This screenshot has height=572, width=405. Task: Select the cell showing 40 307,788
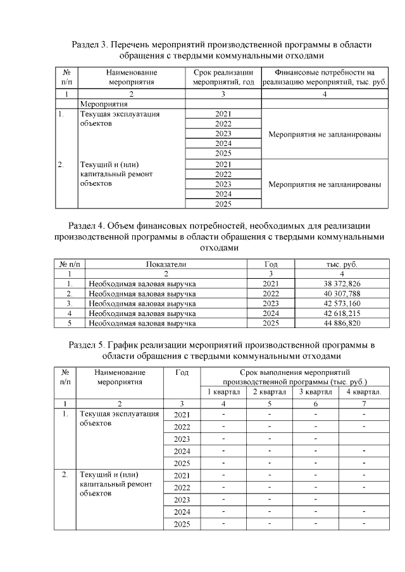(x=342, y=293)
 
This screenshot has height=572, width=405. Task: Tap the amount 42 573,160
(x=342, y=303)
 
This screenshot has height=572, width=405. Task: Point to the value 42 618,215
(x=342, y=313)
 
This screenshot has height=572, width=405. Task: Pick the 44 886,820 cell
(x=342, y=323)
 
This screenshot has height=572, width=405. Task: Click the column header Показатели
(x=166, y=264)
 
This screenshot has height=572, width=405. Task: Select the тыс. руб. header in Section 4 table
(x=342, y=264)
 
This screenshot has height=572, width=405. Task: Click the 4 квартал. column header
(x=363, y=392)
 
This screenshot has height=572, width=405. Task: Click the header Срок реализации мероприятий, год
(x=223, y=77)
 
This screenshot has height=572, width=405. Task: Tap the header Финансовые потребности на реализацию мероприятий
(x=324, y=77)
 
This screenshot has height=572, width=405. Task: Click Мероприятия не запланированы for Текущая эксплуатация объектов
(x=324, y=134)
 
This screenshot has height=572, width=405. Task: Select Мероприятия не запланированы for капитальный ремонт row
(x=324, y=185)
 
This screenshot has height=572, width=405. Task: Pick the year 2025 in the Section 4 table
(x=270, y=323)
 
